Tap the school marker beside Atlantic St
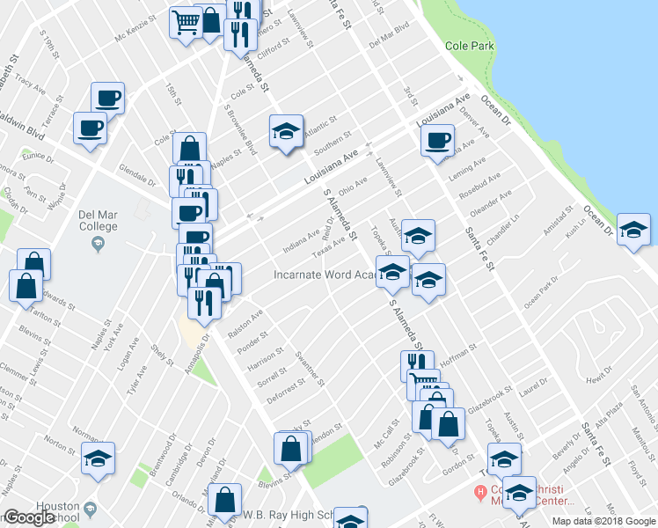coord(286,132)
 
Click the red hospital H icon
coord(480,492)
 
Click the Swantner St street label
coord(311,370)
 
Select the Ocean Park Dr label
coord(542,297)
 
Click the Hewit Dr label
coord(599,375)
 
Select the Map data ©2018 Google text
coord(603,521)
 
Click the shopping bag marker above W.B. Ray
coord(226,499)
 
